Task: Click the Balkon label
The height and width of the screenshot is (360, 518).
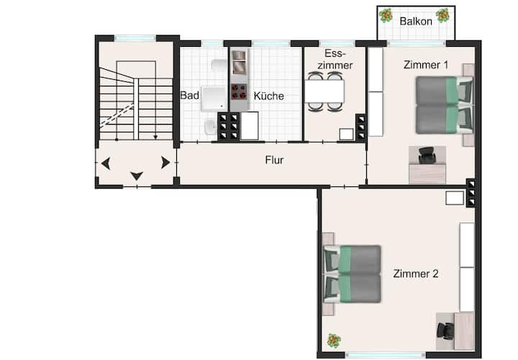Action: point(416,22)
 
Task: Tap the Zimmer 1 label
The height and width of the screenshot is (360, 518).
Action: point(426,65)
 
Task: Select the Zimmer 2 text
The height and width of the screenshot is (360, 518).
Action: point(416,274)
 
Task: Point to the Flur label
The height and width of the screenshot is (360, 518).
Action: point(274,161)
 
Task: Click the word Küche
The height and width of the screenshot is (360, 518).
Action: point(268,96)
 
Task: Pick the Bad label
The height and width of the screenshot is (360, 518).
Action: point(190,96)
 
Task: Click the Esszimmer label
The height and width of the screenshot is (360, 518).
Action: point(335,60)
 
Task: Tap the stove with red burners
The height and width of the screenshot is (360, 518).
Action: point(239,91)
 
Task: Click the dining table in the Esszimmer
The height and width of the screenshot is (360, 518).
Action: point(324,91)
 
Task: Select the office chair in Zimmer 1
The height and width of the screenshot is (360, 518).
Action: point(427,156)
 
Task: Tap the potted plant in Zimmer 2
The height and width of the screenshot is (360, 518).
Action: point(334,341)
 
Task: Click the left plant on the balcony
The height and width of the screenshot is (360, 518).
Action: point(386,15)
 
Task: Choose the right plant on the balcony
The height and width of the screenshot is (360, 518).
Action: point(442,15)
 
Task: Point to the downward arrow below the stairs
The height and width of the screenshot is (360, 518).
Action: point(137,176)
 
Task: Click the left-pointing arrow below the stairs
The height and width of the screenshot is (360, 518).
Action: point(106,163)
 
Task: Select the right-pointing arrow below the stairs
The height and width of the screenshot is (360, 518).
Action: point(165,163)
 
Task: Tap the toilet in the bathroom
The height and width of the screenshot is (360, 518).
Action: point(210,127)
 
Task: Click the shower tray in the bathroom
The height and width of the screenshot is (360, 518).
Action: point(214,99)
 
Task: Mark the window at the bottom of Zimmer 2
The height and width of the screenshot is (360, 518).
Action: point(385,355)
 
